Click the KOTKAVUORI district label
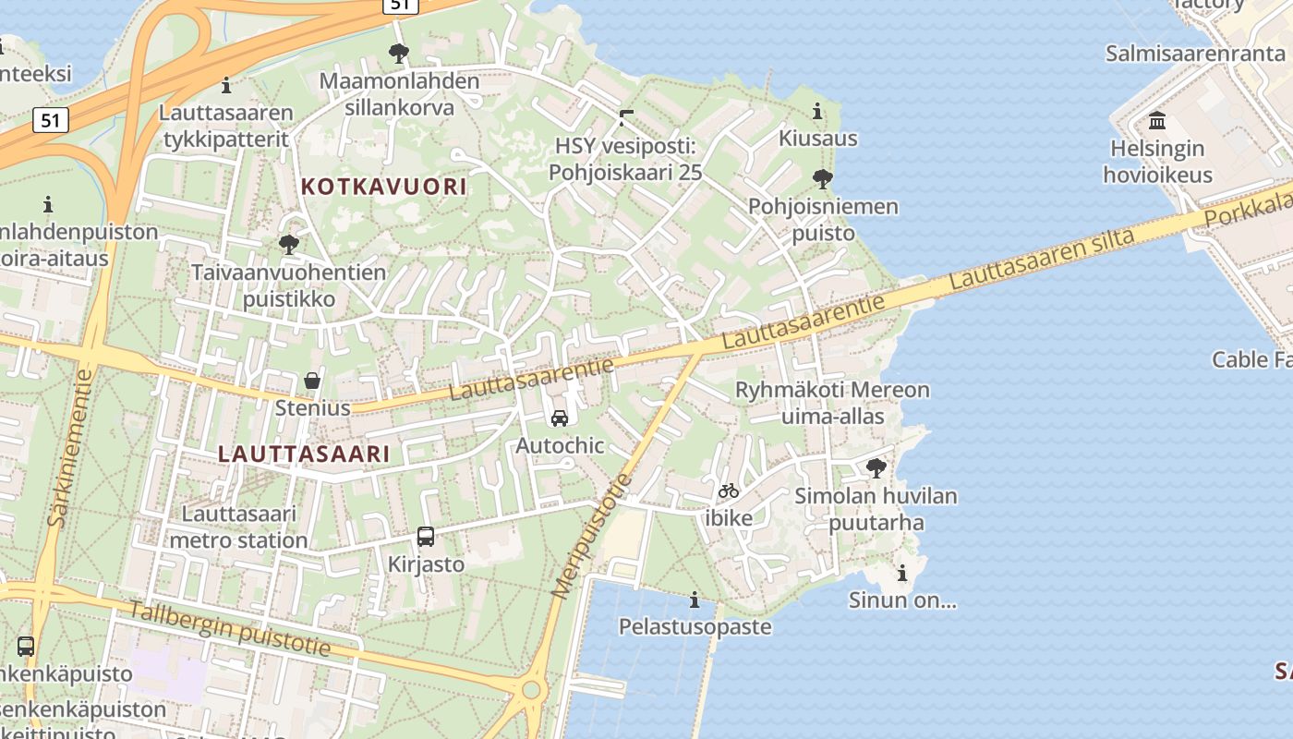point(383,187)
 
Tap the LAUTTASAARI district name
point(304,454)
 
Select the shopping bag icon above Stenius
point(312,381)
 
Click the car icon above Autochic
point(560,418)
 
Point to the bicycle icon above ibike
point(729,491)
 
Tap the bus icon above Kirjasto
point(426,537)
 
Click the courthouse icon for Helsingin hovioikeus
point(1157,121)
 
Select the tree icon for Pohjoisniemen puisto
point(822,179)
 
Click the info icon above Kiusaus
point(817,113)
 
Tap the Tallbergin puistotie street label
point(228,628)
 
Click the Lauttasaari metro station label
point(239,527)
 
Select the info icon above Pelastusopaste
point(695,600)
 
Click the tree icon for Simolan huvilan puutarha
point(876,468)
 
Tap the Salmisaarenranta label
point(1195,53)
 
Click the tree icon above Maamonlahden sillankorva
point(399,54)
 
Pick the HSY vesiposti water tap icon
point(626,118)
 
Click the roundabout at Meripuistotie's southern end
point(531,689)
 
